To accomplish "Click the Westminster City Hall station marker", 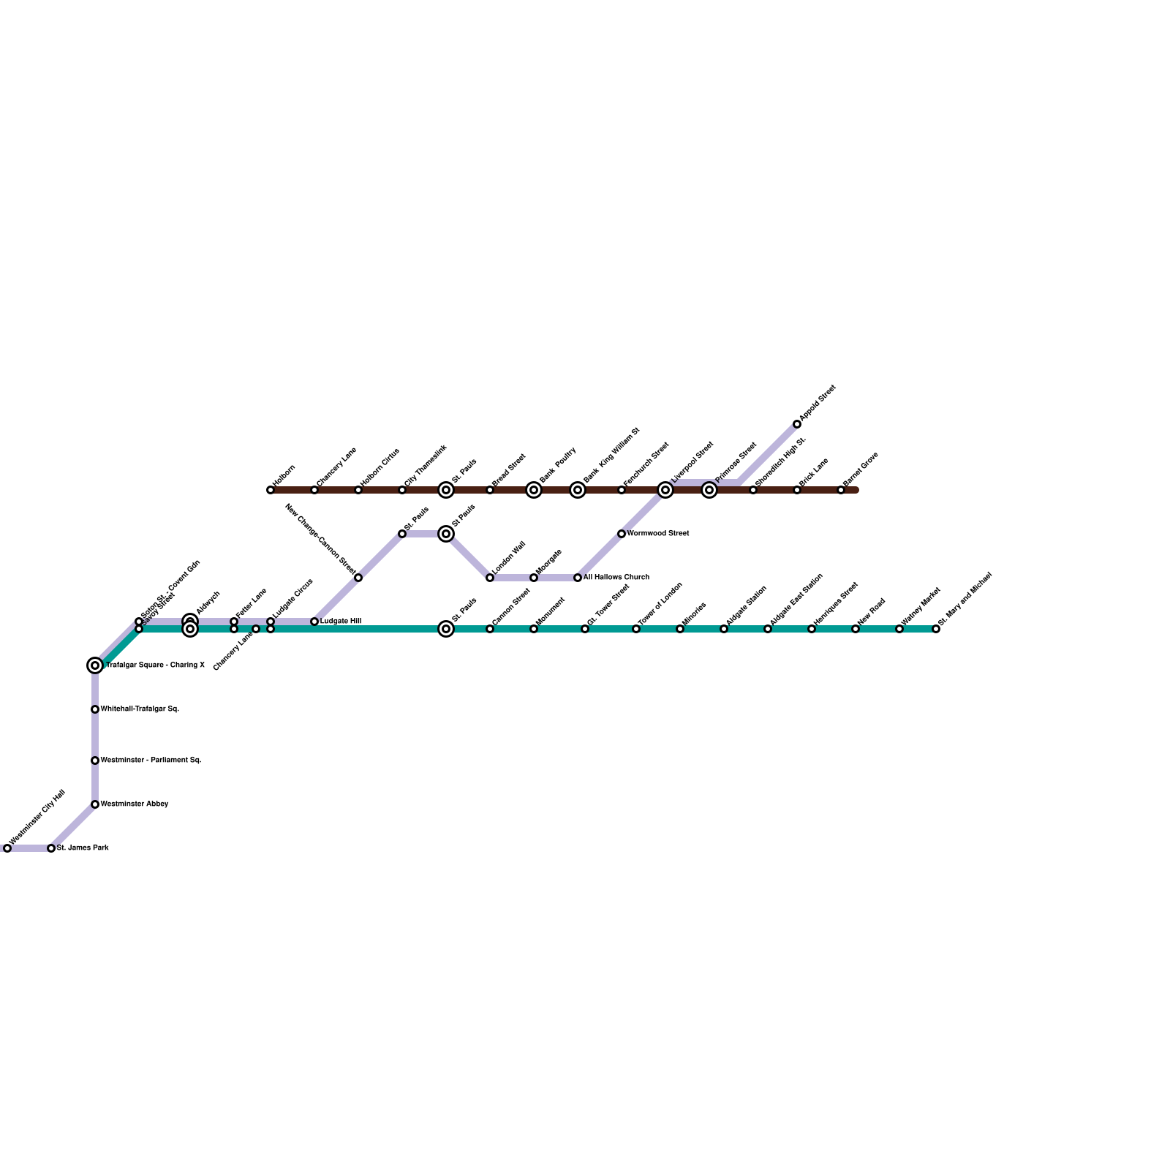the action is [7, 848].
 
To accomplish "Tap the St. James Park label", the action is [83, 848].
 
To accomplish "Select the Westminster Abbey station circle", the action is [95, 804].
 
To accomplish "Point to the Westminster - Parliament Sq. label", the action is [151, 760].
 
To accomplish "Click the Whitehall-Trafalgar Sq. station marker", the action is [95, 709].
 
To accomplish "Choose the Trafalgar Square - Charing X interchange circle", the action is [95, 665].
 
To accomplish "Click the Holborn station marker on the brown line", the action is [271, 490].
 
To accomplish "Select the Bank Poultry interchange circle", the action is [534, 490].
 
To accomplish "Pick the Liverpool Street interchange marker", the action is [665, 490].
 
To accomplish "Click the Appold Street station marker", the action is [797, 424].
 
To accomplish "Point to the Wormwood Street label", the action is [658, 534].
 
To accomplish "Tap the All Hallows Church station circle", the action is [578, 578].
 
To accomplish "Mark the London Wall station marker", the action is [490, 578].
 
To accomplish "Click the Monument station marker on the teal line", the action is [534, 629].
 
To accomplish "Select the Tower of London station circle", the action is [636, 629].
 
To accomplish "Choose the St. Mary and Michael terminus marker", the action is [936, 629].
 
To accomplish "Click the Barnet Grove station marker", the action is [841, 490].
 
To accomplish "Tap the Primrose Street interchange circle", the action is [709, 490].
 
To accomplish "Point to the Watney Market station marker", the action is [899, 629].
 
